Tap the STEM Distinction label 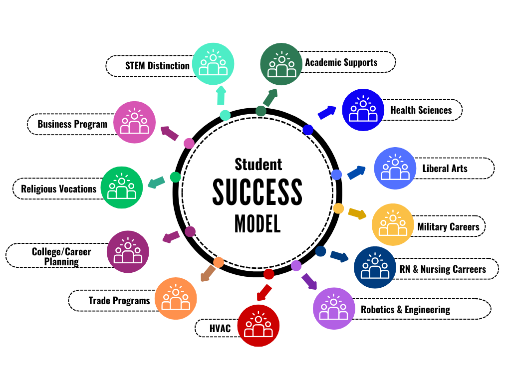point(157,65)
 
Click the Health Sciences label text point(421,110)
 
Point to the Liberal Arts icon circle point(395,168)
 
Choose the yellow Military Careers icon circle point(393,224)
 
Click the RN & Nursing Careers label point(442,269)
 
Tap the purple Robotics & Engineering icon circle point(334,308)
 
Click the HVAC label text point(219,329)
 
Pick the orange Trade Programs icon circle point(176,298)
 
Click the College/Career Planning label point(61,256)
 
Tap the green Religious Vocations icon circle point(122,187)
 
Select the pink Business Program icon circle point(135,122)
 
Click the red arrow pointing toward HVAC point(263,292)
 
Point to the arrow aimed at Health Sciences point(327,112)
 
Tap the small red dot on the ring point(268,274)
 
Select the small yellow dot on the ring point(338,208)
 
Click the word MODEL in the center point(257,224)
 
